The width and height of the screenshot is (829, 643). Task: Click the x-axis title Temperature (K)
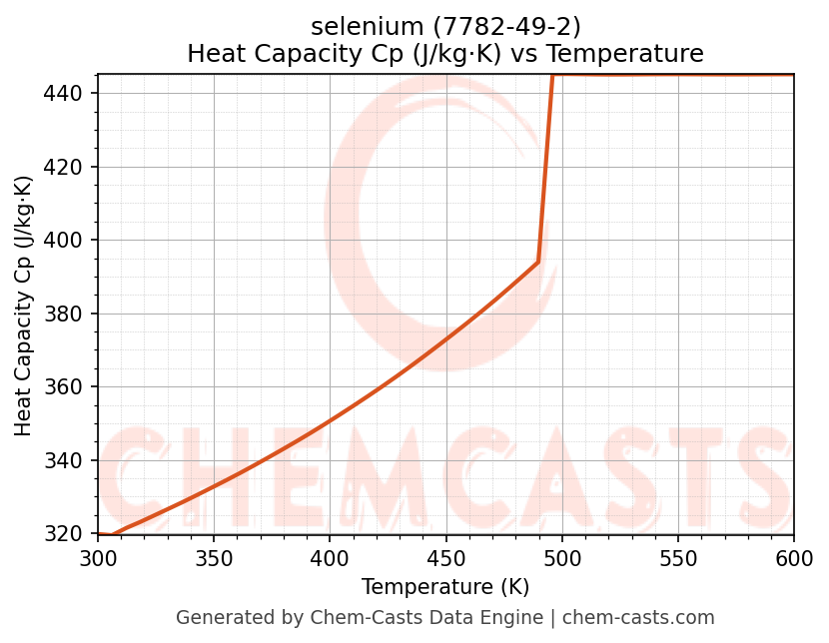click(445, 587)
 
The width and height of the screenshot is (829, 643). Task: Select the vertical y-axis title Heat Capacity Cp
click(24, 306)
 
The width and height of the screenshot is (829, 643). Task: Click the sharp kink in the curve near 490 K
click(538, 262)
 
